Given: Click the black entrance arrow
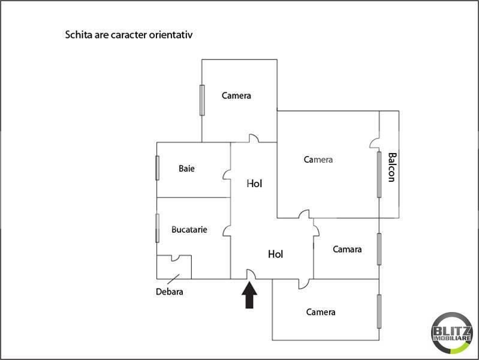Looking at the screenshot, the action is (249, 295).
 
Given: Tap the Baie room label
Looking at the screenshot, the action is (186, 169).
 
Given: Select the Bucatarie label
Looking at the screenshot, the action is (189, 230).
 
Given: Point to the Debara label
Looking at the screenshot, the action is (170, 292).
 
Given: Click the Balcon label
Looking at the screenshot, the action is (392, 167).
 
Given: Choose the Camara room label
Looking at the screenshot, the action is (347, 249).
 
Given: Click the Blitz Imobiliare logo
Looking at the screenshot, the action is (452, 333).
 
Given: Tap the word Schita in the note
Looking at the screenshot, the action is (79, 35).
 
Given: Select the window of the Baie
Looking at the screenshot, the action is (157, 168).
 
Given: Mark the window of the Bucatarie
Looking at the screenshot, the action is (157, 228).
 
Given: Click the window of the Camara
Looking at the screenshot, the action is (379, 249).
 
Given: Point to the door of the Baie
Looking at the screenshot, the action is (227, 175).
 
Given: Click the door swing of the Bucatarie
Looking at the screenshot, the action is (227, 231).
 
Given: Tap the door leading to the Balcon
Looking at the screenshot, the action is (375, 143).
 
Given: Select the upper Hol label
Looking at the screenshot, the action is (254, 184).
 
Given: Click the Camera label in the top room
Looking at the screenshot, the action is (236, 96).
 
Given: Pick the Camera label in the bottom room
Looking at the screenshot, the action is (321, 312).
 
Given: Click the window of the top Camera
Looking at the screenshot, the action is (202, 100).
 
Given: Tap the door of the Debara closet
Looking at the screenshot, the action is (175, 258).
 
